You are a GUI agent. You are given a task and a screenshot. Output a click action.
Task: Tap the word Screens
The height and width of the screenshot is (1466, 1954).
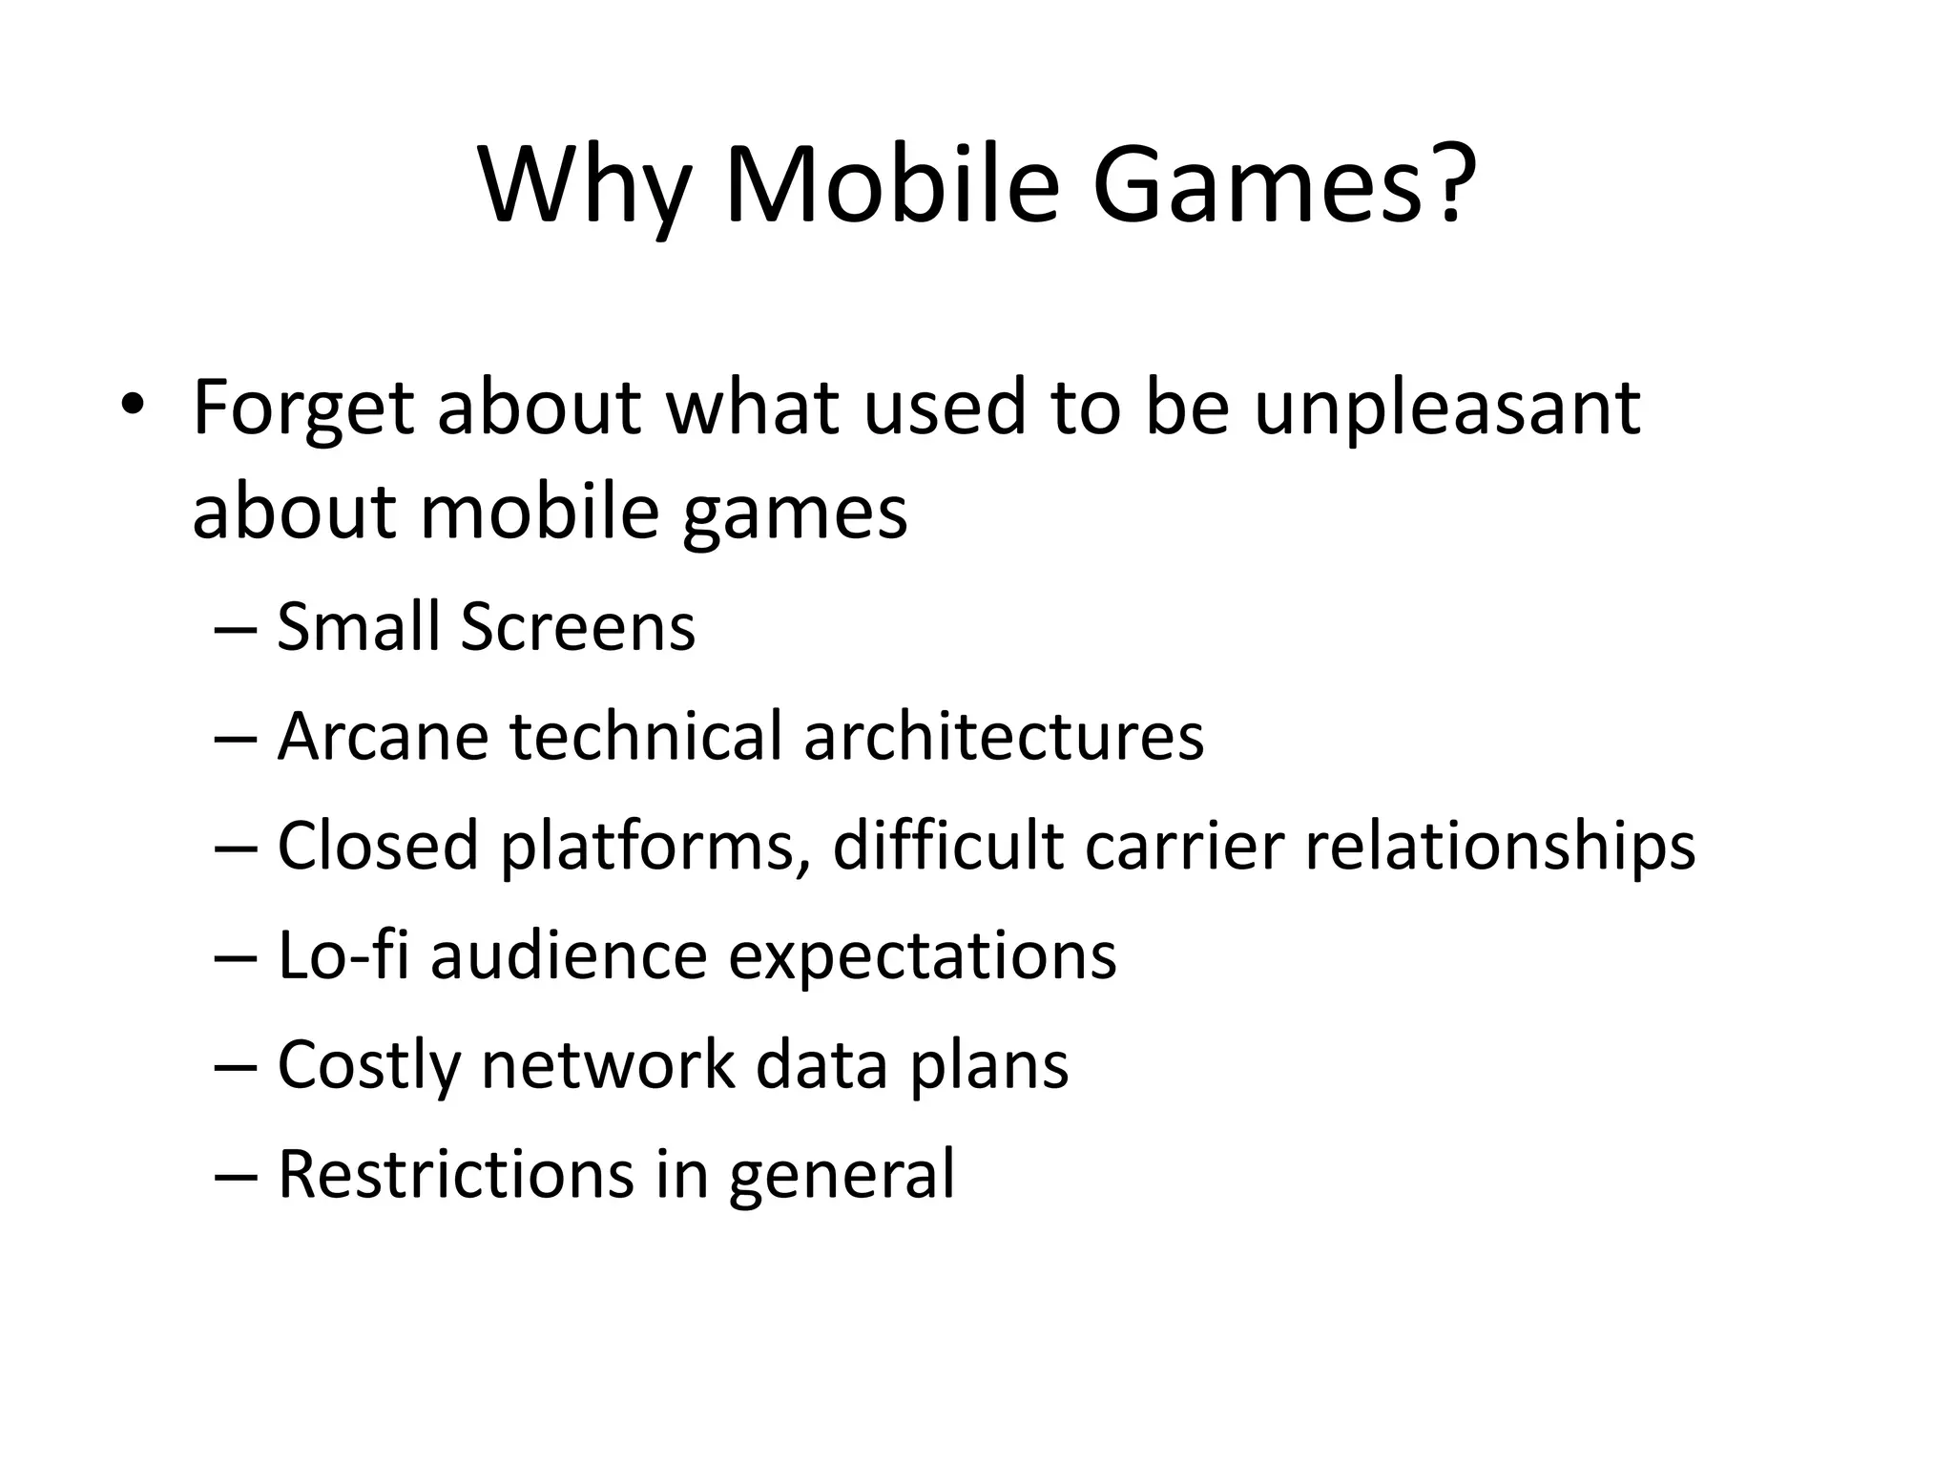[578, 627]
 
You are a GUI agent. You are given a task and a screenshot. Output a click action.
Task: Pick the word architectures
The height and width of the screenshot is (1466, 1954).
[1004, 737]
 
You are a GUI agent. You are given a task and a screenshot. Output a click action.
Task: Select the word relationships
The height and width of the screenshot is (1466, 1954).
[1500, 848]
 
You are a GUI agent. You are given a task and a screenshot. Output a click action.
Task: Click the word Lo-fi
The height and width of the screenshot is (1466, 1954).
[343, 954]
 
